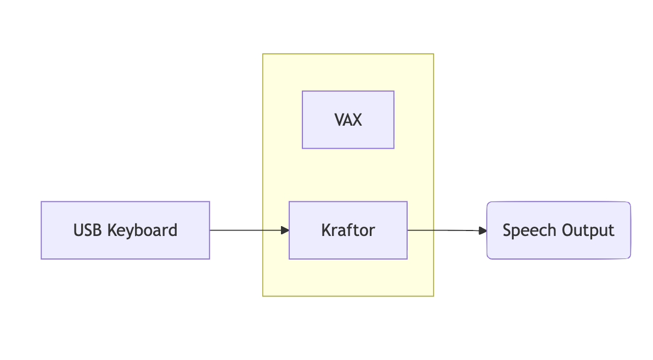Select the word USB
pyautogui.click(x=88, y=230)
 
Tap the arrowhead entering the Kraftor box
pyautogui.click(x=285, y=230)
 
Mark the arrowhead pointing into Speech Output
pyautogui.click(x=483, y=230)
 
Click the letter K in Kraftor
pyautogui.click(x=325, y=230)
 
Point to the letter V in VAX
pyautogui.click(x=339, y=120)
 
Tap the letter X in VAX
pyautogui.click(x=357, y=120)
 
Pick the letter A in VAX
pyautogui.click(x=348, y=120)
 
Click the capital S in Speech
pyautogui.click(x=507, y=230)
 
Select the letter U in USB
pyautogui.click(x=78, y=230)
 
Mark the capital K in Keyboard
pyautogui.click(x=111, y=230)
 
